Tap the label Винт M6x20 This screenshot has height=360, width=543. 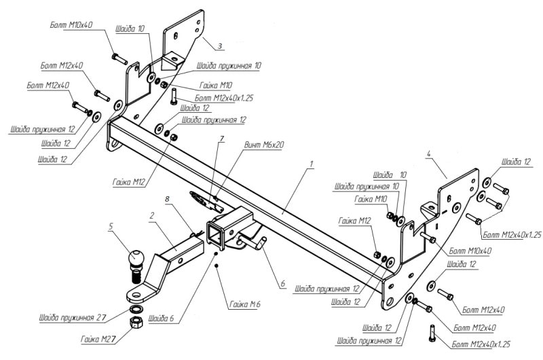click(x=264, y=145)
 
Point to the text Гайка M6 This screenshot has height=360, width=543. click(x=245, y=304)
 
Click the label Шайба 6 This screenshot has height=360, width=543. click(x=161, y=319)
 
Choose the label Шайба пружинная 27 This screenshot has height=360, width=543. click(x=72, y=317)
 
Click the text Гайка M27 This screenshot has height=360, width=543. click(x=98, y=339)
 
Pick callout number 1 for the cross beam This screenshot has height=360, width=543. click(x=312, y=163)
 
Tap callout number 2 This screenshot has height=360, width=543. click(x=151, y=215)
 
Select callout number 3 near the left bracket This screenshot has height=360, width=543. click(x=219, y=46)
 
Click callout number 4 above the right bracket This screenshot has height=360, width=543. click(x=429, y=154)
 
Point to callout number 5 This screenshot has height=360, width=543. click(x=111, y=227)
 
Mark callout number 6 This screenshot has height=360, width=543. click(x=282, y=284)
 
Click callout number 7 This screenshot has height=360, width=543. click(x=222, y=139)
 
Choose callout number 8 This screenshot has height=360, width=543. click(x=167, y=199)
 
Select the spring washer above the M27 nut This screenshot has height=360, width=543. click(x=137, y=309)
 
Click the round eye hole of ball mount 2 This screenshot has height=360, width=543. click(x=136, y=295)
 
